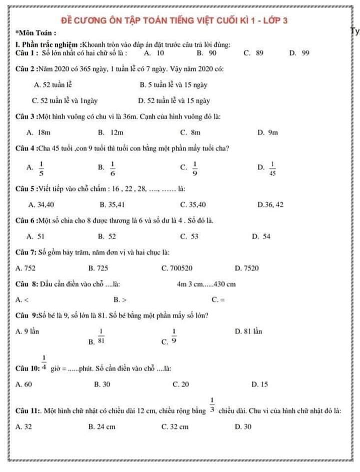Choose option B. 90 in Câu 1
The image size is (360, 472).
[x=206, y=52]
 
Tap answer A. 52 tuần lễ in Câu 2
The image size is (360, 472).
[x=53, y=85]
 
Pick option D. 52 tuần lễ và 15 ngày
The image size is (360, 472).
[x=173, y=100]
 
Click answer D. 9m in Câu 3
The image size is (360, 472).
[x=267, y=132]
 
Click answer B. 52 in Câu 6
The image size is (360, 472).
[x=107, y=236]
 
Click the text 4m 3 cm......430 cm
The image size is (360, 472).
[x=205, y=284]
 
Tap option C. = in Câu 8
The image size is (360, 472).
[x=218, y=300]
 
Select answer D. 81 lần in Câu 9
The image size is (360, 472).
[x=248, y=331]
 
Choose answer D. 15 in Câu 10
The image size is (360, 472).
[x=259, y=384]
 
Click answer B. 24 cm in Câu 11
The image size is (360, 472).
[x=101, y=426]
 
